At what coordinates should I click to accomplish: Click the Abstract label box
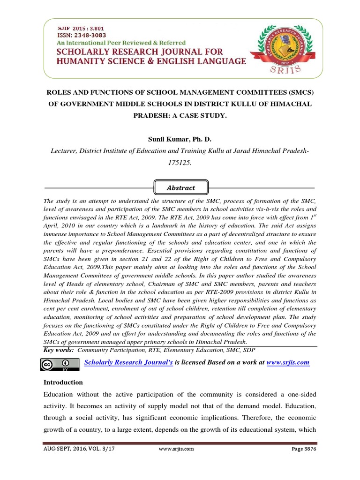(181, 187)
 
